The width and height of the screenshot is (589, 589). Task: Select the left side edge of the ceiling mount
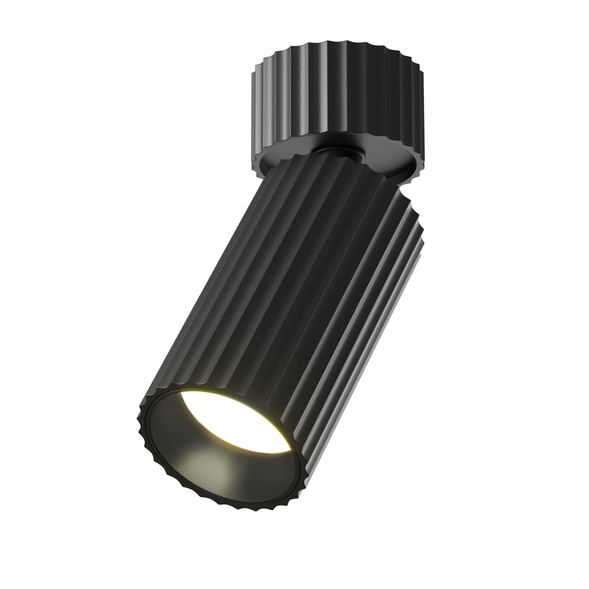click(251, 102)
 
